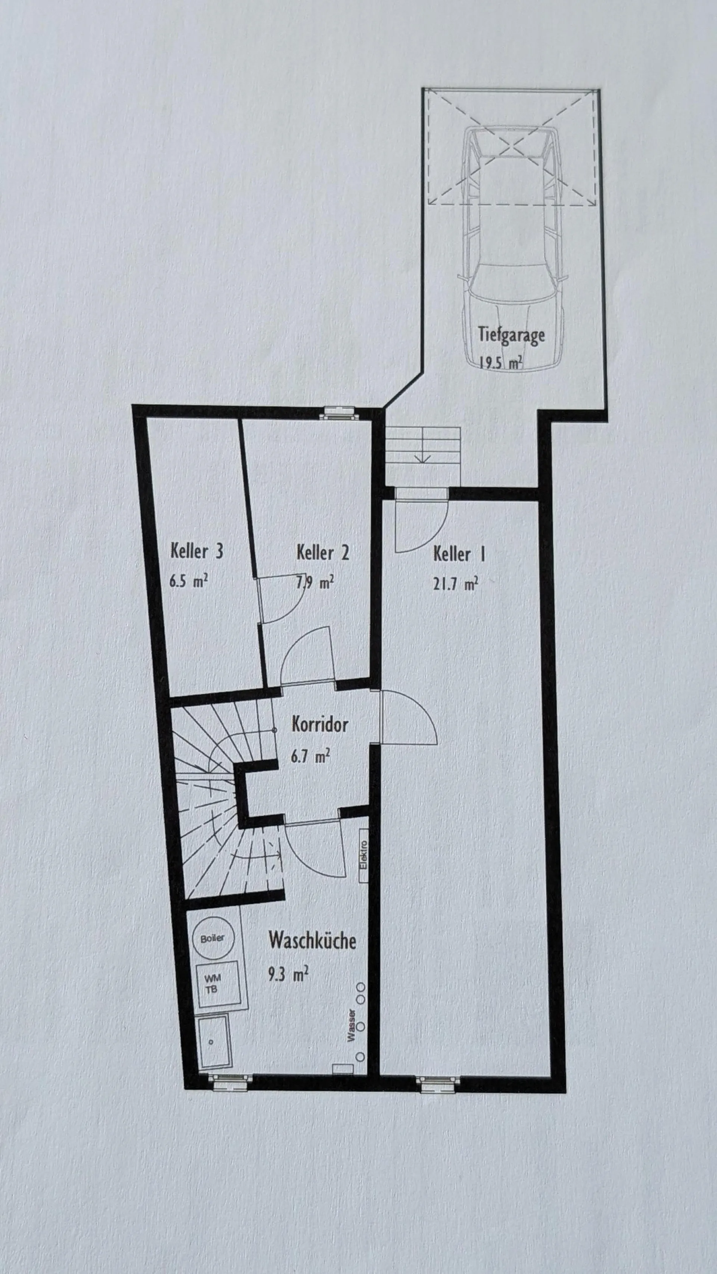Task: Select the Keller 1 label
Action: [x=459, y=553]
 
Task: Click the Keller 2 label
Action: [x=322, y=552]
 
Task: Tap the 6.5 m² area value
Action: [x=188, y=581]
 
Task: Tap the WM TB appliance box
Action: [x=218, y=984]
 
